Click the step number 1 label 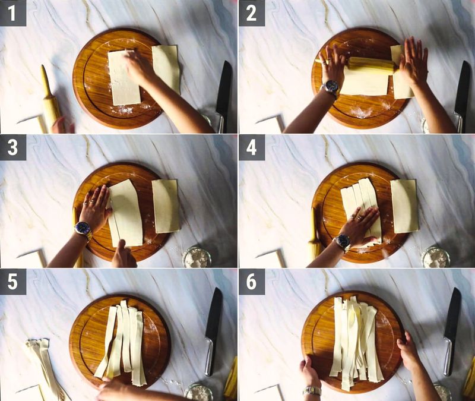click(12, 12)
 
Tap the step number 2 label click(251, 12)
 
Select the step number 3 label click(12, 147)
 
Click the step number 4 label click(251, 147)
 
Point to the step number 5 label click(12, 282)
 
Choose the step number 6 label click(251, 282)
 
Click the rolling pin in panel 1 click(50, 101)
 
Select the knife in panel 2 click(462, 89)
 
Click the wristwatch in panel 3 click(83, 228)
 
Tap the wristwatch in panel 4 click(343, 241)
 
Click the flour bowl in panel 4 click(435, 257)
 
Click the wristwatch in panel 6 click(312, 390)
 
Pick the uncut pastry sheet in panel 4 click(404, 206)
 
